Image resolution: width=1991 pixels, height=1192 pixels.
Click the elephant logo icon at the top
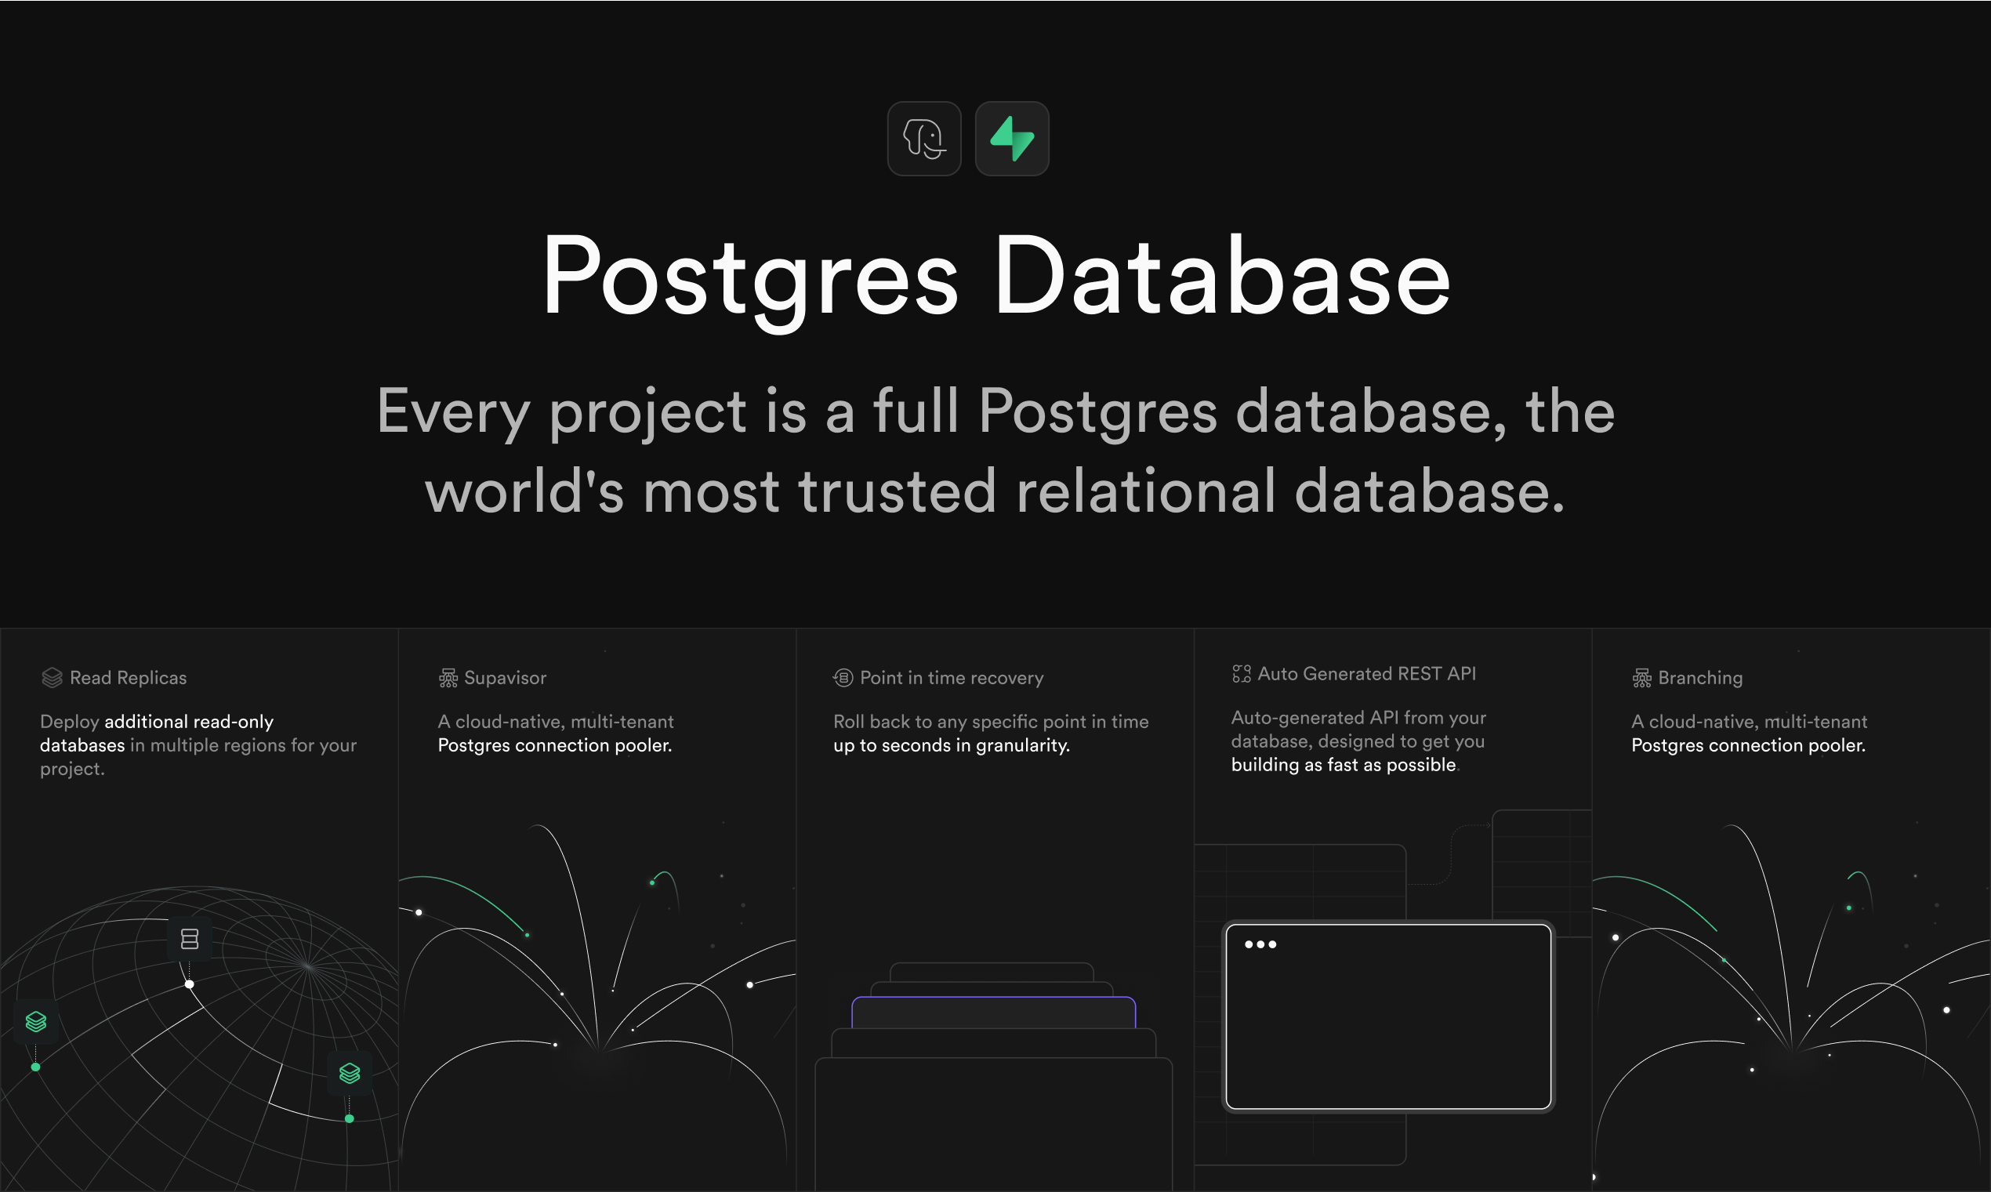924,138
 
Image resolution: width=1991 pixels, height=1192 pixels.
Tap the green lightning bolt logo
1012,138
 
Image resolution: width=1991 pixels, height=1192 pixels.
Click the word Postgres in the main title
751,278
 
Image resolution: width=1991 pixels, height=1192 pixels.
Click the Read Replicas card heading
129,678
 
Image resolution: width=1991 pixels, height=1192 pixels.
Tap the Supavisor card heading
505,678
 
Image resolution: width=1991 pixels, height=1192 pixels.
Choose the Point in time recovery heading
952,678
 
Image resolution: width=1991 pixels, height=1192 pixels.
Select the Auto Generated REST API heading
1367,674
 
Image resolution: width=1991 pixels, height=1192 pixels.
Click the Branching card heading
1700,678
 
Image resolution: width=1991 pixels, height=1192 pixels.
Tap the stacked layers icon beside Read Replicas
53,678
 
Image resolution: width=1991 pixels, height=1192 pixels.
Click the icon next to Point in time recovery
843,678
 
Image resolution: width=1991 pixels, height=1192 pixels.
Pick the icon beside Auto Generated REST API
1242,674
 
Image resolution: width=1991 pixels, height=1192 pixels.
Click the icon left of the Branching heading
1641,679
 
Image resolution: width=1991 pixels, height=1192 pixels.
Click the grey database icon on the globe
190,939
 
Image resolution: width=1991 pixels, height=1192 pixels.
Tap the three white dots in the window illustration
1260,944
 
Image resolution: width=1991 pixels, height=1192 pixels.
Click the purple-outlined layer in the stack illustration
993,1012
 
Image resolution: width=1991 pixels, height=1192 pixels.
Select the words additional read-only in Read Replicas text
189,722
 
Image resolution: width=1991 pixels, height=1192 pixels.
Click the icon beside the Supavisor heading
448,679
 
